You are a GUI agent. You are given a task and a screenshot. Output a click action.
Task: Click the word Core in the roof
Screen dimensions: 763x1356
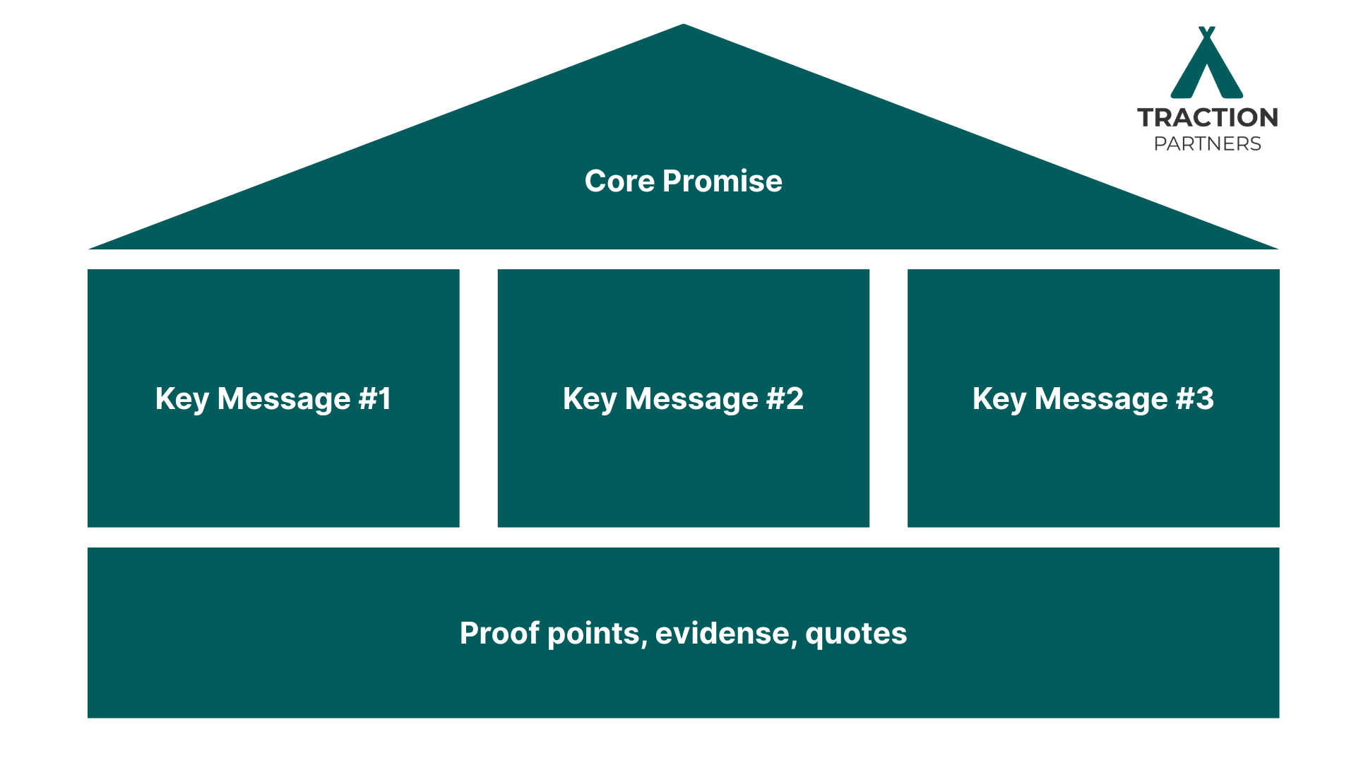pyautogui.click(x=619, y=182)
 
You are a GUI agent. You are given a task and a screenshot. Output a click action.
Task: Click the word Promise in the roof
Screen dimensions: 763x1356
pyautogui.click(x=722, y=182)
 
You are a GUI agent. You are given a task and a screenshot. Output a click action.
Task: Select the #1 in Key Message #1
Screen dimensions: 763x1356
pyautogui.click(x=374, y=398)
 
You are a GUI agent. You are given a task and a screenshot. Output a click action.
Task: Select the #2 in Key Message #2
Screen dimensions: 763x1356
pyautogui.click(x=785, y=398)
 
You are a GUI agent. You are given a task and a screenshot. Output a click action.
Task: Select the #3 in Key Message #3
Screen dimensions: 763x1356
pyautogui.click(x=1194, y=398)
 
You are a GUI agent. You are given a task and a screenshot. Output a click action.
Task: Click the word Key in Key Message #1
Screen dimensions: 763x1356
pyautogui.click(x=182, y=400)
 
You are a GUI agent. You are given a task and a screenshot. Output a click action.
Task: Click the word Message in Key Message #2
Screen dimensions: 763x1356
pyautogui.click(x=691, y=400)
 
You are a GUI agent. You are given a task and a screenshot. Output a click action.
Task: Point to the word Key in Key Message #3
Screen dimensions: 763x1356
pyautogui.click(x=999, y=400)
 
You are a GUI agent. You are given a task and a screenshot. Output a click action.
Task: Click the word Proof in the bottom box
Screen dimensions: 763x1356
pyautogui.click(x=499, y=634)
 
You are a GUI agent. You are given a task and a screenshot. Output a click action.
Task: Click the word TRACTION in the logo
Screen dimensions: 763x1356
pyautogui.click(x=1207, y=117)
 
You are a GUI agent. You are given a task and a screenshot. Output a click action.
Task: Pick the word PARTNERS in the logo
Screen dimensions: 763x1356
pyautogui.click(x=1207, y=144)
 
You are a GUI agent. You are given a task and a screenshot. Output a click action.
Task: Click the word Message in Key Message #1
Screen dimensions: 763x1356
pyautogui.click(x=284, y=400)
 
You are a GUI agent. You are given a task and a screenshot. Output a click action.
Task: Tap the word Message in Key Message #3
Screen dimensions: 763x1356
pyautogui.click(x=1100, y=400)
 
